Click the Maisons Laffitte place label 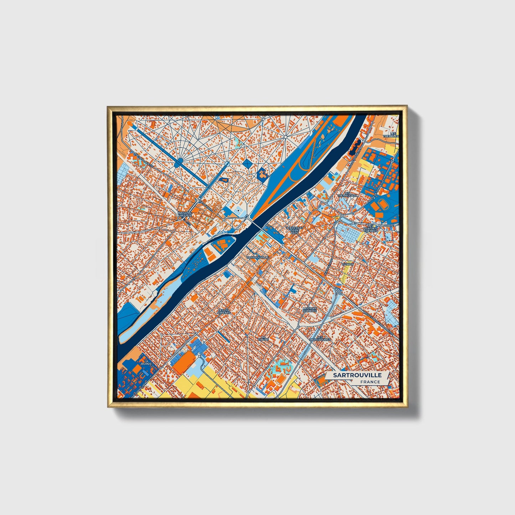coord(185,214)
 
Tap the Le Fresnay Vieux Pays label coord(294,230)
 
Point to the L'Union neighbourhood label coord(347,264)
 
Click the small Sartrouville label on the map coord(257,257)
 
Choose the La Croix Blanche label coord(309,309)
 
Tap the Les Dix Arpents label coord(225,311)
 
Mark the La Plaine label coord(264,338)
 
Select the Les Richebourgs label coord(320,339)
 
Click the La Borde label coord(146,362)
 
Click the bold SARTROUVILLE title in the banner coord(357,375)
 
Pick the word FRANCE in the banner coord(370,382)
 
